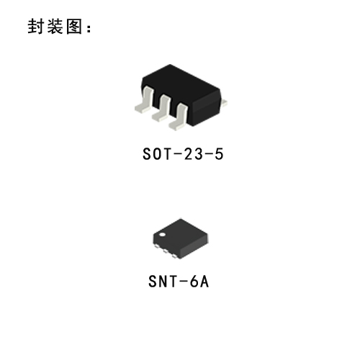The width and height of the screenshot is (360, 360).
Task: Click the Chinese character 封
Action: click(35, 27)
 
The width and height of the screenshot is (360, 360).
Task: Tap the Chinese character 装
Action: click(55, 27)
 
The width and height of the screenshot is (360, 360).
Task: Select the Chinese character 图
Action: click(74, 27)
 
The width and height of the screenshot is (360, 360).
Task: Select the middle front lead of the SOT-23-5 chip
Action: click(161, 108)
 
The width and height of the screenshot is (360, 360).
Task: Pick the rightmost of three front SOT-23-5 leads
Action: click(178, 117)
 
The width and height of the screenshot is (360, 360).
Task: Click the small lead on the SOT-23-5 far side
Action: click(224, 103)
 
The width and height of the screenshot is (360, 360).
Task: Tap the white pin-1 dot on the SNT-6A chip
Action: click(163, 235)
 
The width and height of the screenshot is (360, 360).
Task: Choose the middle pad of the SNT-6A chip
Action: click(166, 251)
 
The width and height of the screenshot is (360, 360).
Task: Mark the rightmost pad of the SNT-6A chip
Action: click(174, 256)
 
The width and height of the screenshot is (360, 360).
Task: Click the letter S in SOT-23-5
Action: click(147, 154)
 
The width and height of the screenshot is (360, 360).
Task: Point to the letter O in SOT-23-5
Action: click(157, 154)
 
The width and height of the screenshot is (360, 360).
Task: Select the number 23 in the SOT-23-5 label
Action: click(194, 154)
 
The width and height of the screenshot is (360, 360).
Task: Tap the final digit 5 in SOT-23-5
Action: click(219, 154)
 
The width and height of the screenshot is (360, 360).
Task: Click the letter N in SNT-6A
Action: click(163, 282)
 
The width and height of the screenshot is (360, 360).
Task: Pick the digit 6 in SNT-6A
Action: click(194, 282)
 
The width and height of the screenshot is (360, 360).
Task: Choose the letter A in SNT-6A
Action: click(204, 282)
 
